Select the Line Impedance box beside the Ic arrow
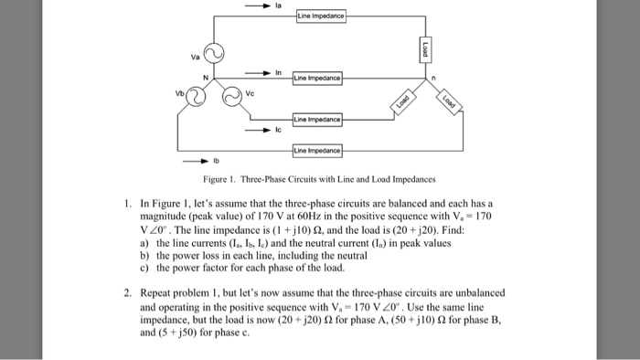[317, 120]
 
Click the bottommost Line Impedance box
[317, 149]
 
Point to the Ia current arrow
[260, 5]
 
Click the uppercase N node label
[206, 78]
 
